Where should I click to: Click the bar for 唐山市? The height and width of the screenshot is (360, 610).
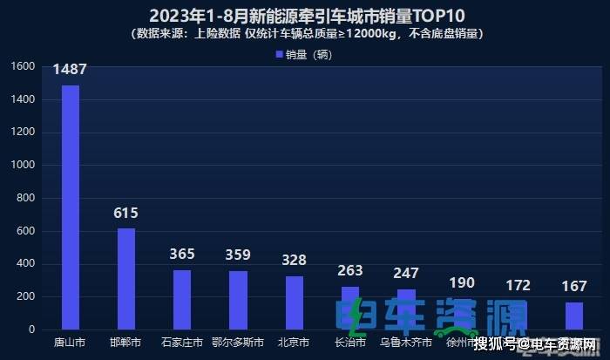(x=70, y=207)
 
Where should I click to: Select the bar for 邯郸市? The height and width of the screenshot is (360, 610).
(x=126, y=278)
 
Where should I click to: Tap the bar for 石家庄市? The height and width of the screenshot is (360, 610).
(x=182, y=299)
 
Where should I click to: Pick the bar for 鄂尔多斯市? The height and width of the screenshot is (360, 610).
(x=238, y=300)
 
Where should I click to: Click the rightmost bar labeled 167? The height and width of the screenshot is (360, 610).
(x=573, y=316)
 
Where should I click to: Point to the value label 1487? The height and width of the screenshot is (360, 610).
(x=70, y=69)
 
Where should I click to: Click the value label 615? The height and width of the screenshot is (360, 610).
(x=126, y=213)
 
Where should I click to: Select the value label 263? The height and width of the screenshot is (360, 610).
(x=349, y=270)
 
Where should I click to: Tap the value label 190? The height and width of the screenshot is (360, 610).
(x=462, y=282)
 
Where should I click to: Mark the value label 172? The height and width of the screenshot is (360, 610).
(x=518, y=285)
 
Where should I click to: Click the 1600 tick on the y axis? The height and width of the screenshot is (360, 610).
(x=24, y=66)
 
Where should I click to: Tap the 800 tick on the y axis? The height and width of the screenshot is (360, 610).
(x=27, y=198)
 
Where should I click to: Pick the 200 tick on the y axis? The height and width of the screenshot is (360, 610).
(x=27, y=296)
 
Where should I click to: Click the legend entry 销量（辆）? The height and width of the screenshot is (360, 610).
(x=304, y=54)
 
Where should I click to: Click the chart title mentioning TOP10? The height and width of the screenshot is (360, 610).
(x=304, y=16)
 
